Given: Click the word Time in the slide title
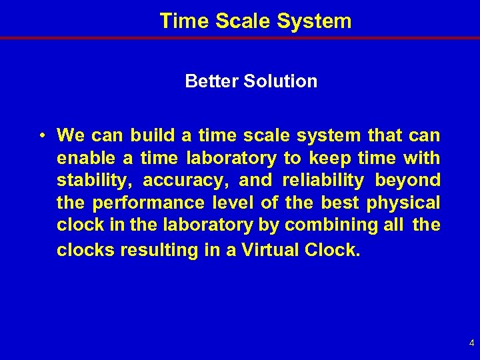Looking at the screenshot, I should [181, 21].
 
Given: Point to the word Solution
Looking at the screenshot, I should [279, 81].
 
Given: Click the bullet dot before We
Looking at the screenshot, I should [41, 136].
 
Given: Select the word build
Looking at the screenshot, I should [153, 136].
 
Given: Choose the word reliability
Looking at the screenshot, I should [323, 180].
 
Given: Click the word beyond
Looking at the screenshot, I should [408, 180].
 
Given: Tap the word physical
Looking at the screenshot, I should [403, 202].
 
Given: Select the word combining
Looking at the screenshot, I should [319, 225].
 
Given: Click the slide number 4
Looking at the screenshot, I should [471, 344].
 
